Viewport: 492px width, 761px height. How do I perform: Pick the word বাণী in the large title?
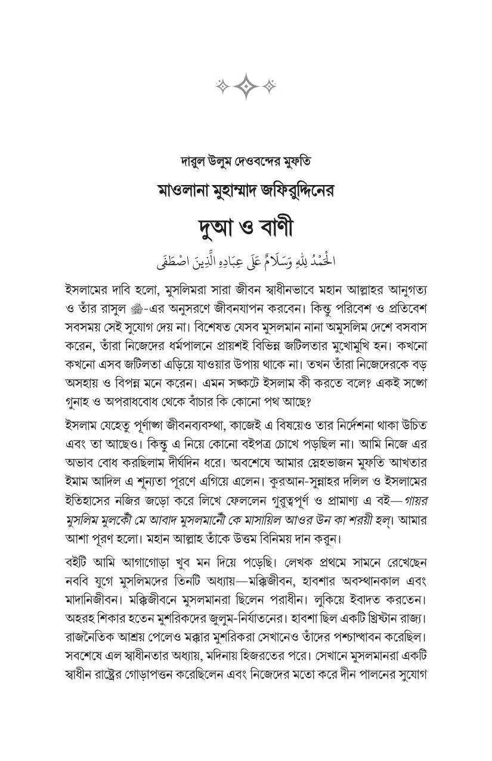271,227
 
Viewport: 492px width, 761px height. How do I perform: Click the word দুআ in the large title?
219,227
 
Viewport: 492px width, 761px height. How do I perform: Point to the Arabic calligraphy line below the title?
246,261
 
